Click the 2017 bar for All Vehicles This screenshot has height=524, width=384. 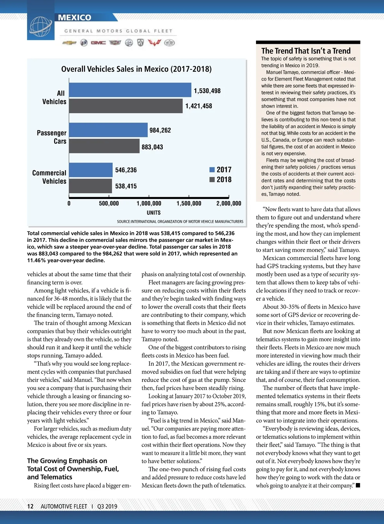(130, 90)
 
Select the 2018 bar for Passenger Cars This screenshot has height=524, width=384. (104, 146)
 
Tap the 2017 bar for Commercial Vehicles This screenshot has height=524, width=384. (91, 170)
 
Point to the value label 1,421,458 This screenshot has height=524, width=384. (199, 106)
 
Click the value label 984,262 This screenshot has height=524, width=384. (160, 130)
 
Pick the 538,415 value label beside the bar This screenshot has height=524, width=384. (126, 186)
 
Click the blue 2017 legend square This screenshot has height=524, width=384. (212, 170)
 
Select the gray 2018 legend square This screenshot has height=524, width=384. (212, 179)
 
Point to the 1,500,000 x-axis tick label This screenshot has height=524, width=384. (189, 203)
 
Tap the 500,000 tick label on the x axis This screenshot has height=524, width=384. (109, 203)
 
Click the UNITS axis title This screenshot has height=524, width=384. (154, 213)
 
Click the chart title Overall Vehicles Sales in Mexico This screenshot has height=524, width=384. (136, 69)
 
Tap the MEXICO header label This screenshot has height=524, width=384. (75, 18)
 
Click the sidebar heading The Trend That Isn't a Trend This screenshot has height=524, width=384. (306, 51)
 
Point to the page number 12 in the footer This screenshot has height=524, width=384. (30, 506)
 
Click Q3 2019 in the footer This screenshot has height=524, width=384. (107, 506)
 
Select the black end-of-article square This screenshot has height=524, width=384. (358, 486)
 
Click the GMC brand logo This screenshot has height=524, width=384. (98, 43)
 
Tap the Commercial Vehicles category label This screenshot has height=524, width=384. (49, 177)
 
